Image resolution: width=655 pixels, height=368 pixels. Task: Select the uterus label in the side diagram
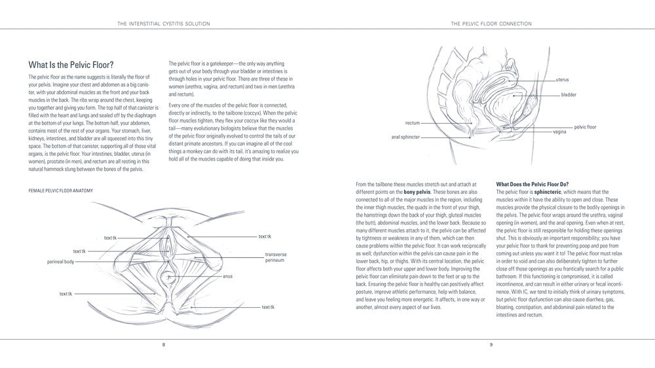pyautogui.click(x=562, y=79)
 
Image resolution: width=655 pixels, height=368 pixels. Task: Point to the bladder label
pyautogui.click(x=569, y=95)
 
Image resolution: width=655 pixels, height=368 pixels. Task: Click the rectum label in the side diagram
pyautogui.click(x=412, y=122)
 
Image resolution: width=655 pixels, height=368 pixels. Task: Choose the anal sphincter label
pyautogui.click(x=405, y=138)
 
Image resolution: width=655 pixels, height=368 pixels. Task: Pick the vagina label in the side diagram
pyautogui.click(x=559, y=132)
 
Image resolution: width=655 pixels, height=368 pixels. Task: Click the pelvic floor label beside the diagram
pyautogui.click(x=585, y=126)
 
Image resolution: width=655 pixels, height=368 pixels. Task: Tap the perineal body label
pyautogui.click(x=60, y=261)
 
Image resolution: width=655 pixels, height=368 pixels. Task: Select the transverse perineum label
pyautogui.click(x=276, y=257)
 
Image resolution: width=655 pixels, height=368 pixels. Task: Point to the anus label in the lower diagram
pyautogui.click(x=227, y=276)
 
